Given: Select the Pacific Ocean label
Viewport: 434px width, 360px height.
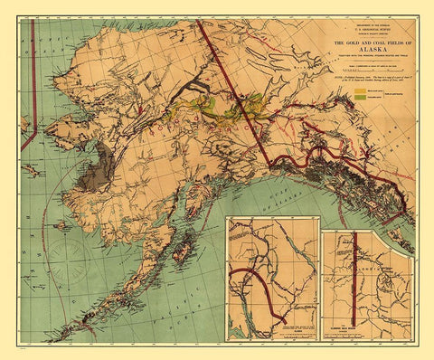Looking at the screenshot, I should click(x=172, y=289).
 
